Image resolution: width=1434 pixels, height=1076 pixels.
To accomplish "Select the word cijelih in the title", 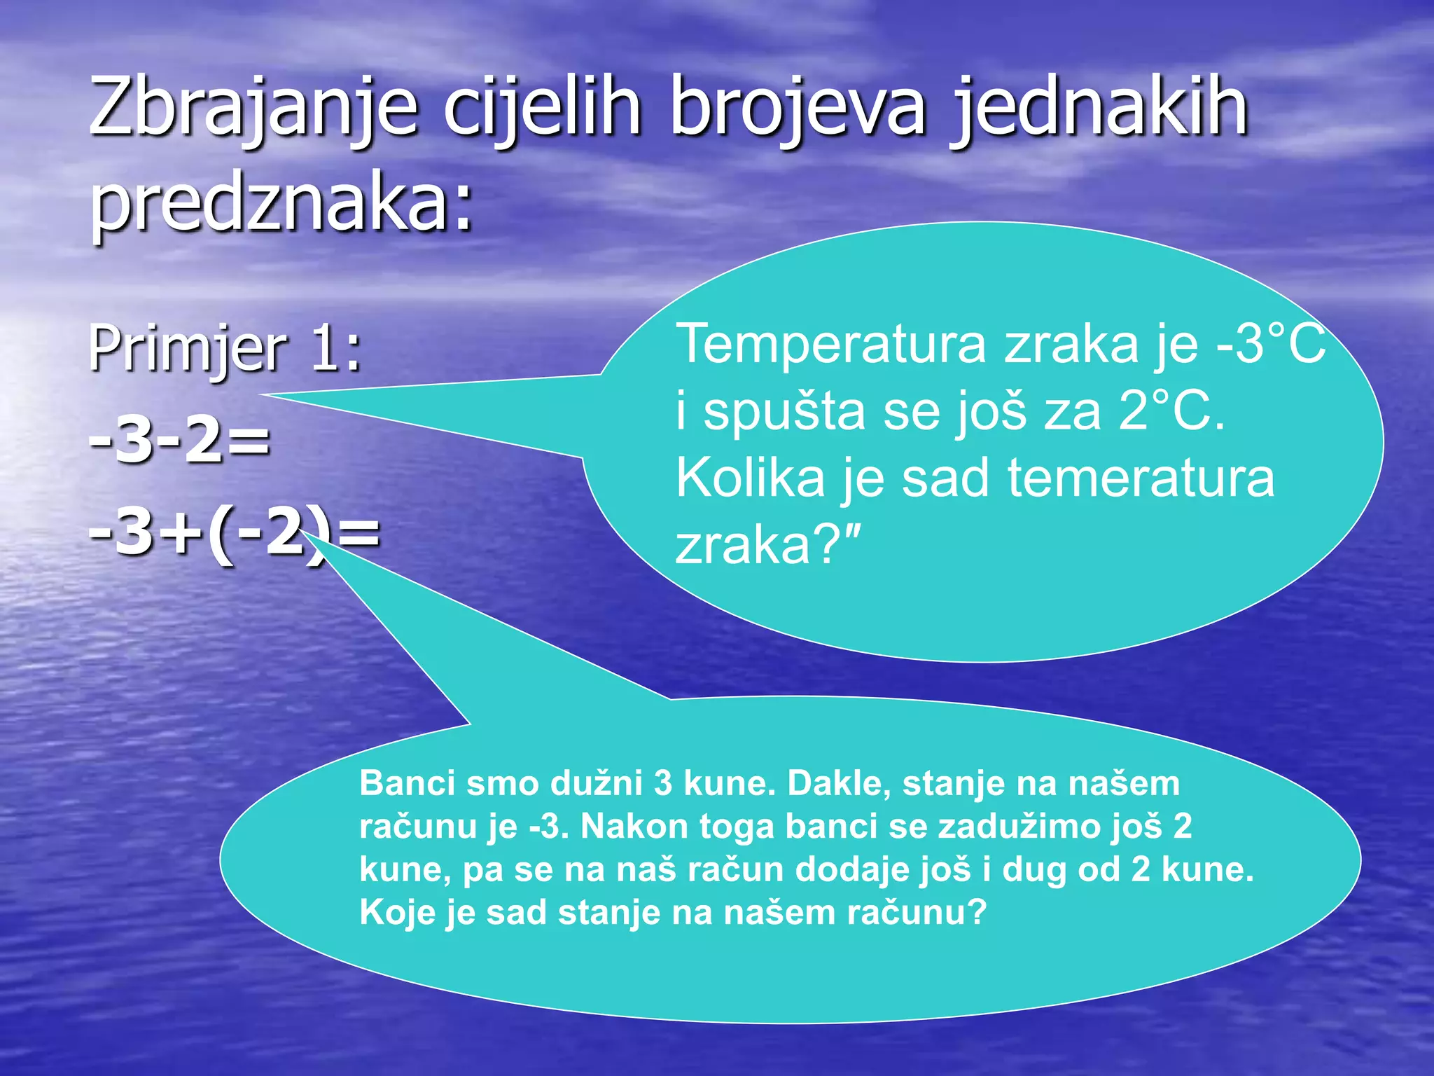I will [543, 109].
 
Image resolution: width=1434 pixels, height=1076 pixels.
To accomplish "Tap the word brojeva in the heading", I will [798, 109].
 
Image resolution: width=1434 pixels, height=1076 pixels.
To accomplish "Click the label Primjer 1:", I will [225, 348].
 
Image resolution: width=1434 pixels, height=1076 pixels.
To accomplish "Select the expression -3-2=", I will [179, 441].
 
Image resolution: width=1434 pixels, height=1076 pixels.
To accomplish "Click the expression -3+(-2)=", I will [235, 533].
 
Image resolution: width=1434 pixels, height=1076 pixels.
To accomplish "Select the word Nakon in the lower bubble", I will [634, 827].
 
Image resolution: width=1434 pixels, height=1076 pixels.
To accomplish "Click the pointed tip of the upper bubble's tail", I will [263, 395].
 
